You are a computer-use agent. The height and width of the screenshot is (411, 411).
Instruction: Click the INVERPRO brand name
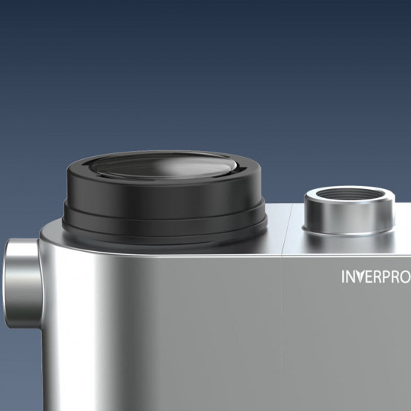(x=376, y=276)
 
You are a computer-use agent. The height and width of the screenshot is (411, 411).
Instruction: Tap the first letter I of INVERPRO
(x=344, y=276)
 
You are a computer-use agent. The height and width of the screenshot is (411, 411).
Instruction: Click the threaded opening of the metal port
(x=349, y=200)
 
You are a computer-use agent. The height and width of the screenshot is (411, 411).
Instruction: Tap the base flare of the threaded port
(x=349, y=231)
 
